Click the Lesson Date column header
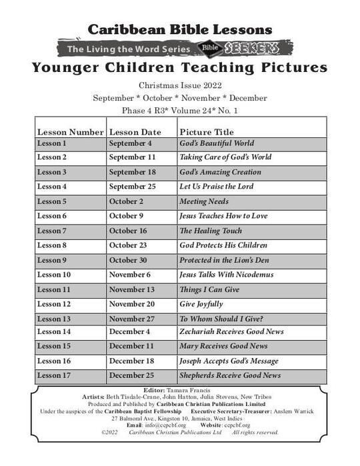[135, 132]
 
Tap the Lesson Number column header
[70, 132]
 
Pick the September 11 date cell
[132, 157]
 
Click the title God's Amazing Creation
[220, 172]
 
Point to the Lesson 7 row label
[52, 231]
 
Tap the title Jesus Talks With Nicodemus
[226, 275]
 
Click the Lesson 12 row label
[54, 304]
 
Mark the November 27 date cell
[132, 319]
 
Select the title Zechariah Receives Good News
[231, 331]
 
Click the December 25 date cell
[131, 375]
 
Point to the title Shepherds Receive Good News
[230, 375]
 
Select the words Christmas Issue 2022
[180, 86]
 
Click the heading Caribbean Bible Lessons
[180, 29]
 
